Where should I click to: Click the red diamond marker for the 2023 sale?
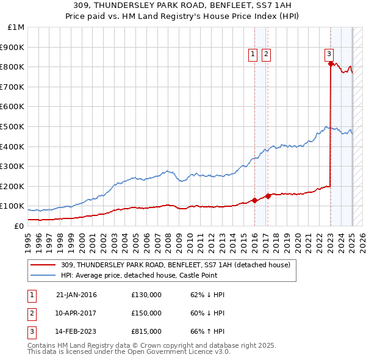point(330,63)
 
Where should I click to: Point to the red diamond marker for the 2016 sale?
point(254,200)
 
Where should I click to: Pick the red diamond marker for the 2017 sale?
point(268,196)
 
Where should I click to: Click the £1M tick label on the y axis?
point(16,27)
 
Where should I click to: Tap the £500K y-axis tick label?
point(13,126)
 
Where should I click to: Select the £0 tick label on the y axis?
point(19,226)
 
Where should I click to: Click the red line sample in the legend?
point(43,265)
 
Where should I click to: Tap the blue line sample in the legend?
point(43,275)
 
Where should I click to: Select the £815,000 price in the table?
point(146,333)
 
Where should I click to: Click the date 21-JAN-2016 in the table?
point(76,295)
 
